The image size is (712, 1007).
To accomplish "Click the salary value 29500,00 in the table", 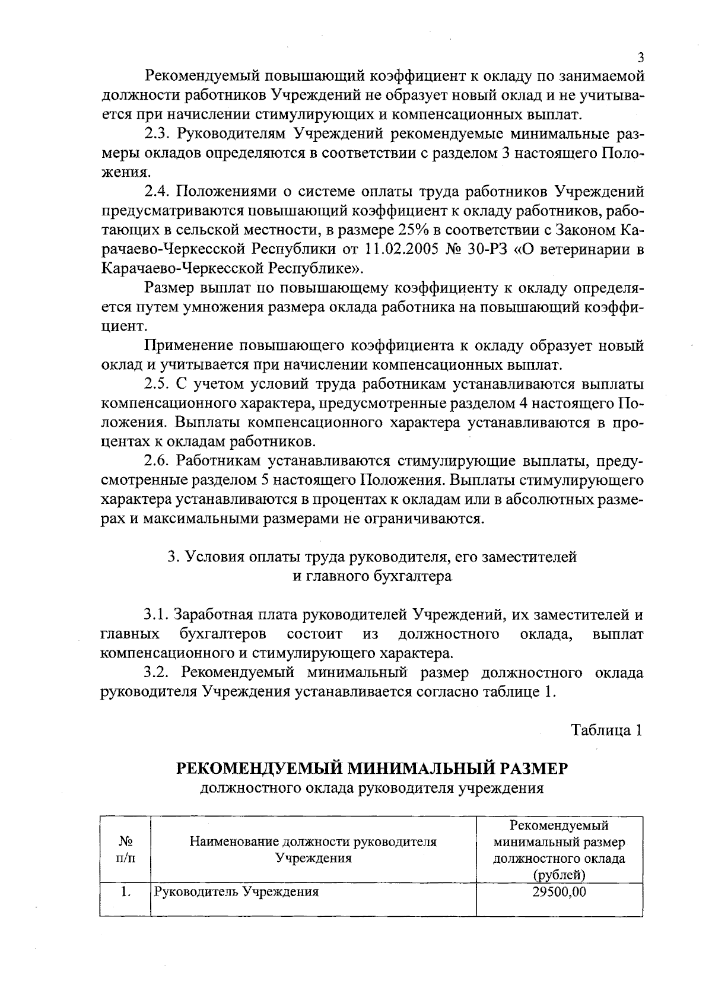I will [x=560, y=892].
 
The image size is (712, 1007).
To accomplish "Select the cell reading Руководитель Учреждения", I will [x=237, y=892].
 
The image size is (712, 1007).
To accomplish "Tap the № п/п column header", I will [x=125, y=850].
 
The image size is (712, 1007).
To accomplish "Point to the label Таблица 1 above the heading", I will [x=607, y=730].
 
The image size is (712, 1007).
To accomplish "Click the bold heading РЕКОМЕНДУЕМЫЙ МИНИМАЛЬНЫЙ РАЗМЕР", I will [x=373, y=768].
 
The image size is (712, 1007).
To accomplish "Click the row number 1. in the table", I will [x=125, y=892].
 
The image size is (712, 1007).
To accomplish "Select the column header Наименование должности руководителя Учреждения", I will [x=313, y=850].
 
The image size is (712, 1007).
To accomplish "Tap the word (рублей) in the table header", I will [x=559, y=875].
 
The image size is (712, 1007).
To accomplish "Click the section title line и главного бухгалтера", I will [x=373, y=576].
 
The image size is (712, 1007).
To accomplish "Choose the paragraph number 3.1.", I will [x=158, y=615].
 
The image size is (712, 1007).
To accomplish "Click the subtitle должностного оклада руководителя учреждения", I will [x=373, y=788].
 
